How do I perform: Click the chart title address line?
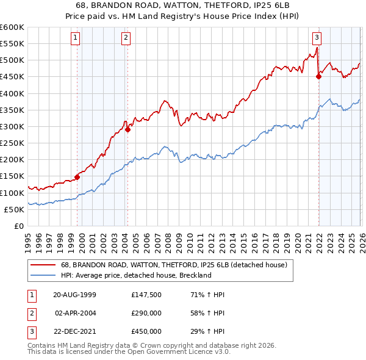182,5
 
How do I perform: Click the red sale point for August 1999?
77,178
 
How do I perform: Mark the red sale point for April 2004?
127,129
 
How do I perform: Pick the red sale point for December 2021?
318,76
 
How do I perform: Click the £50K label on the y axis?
15,209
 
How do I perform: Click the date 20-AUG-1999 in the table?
74,295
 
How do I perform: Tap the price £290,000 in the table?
146,313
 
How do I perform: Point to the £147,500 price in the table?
146,295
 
